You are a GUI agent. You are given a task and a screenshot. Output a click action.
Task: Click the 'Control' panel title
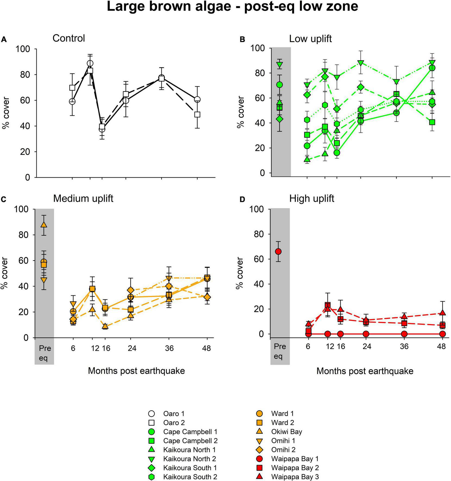[x=68, y=38]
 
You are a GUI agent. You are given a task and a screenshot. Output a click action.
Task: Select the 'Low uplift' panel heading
[x=310, y=39]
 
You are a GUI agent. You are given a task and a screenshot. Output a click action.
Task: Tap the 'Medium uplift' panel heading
[x=83, y=198]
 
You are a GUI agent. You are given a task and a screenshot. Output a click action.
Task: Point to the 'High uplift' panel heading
[x=312, y=199]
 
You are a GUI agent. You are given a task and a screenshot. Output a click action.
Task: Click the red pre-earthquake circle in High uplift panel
[x=278, y=251]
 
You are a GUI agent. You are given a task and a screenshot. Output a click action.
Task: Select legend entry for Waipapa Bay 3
[x=295, y=476]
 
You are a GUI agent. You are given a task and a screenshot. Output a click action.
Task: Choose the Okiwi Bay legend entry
[x=287, y=431]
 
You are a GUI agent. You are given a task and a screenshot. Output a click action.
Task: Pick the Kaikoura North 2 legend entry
[x=189, y=458]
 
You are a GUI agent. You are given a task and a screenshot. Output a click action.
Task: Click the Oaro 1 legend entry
[x=174, y=413]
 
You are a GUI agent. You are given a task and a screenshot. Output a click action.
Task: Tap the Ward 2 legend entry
[x=283, y=422]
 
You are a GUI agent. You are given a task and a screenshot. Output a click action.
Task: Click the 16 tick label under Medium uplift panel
[x=106, y=348]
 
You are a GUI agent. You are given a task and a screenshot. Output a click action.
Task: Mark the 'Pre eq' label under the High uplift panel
[x=280, y=351]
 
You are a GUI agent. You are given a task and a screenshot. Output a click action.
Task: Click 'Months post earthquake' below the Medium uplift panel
[x=136, y=371]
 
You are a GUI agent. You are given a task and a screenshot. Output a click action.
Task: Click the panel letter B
[x=242, y=40]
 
